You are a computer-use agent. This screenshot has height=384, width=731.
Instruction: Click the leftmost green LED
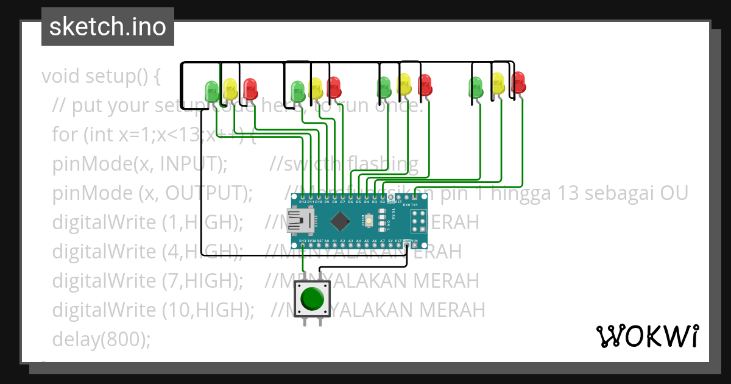click(x=211, y=90)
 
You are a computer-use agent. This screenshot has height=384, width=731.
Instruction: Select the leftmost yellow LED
click(x=230, y=89)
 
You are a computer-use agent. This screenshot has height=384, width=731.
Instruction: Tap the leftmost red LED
click(x=250, y=88)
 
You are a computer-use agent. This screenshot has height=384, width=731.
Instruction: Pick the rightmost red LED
click(x=518, y=82)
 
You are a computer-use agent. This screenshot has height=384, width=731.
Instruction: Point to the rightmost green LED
click(x=476, y=87)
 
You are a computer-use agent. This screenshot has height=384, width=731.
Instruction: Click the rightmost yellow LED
click(x=498, y=84)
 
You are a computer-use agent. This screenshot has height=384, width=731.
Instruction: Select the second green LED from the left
click(x=297, y=90)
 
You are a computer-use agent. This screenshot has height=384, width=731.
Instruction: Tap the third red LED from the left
click(x=425, y=85)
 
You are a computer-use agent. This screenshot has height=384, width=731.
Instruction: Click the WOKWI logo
click(x=647, y=336)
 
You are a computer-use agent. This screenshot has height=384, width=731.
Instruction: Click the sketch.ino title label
click(x=108, y=27)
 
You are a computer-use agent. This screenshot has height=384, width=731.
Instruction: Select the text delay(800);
click(x=101, y=339)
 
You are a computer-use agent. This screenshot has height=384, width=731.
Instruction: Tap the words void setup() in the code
click(x=101, y=76)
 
